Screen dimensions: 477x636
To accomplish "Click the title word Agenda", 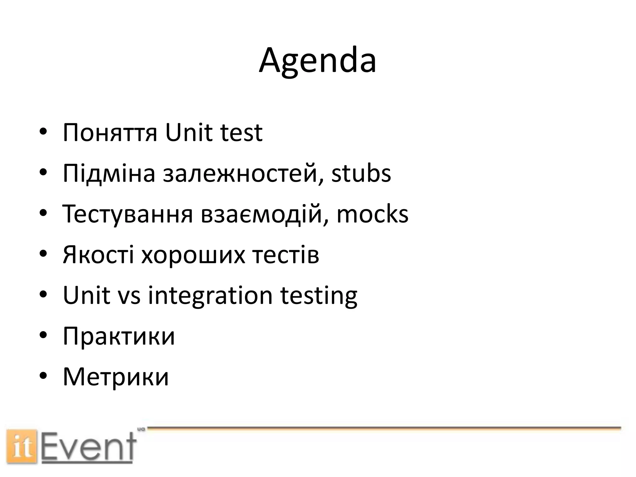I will point(317,61).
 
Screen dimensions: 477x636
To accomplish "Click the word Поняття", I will point(110,133).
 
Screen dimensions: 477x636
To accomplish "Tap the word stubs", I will point(361,173).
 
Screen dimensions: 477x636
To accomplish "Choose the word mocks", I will point(372,214).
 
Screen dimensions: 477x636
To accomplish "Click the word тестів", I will point(285,255).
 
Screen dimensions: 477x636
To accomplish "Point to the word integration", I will point(210,296).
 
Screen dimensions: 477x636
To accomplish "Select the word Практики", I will point(119,336).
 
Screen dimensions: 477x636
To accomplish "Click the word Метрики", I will point(116,377).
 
